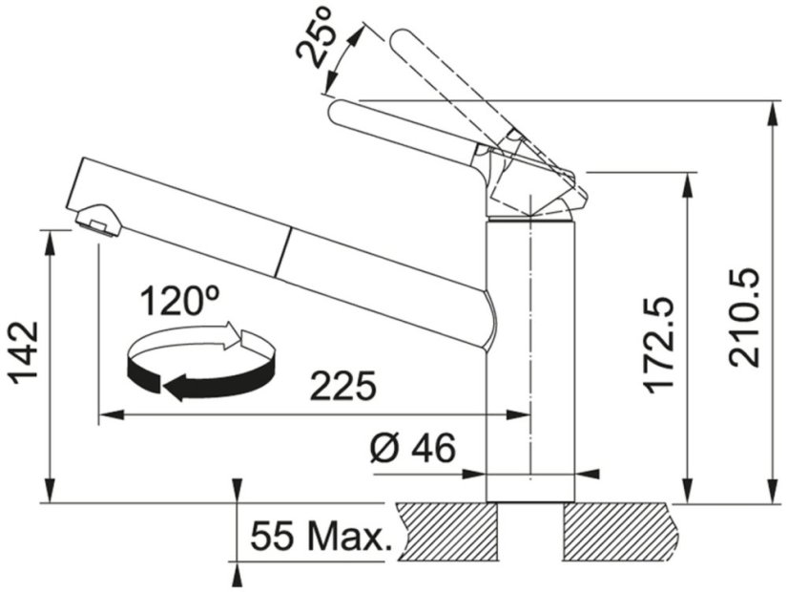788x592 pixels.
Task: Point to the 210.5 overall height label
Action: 745,316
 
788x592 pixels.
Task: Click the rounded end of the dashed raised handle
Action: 402,42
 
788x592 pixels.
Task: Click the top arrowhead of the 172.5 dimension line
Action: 686,182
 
